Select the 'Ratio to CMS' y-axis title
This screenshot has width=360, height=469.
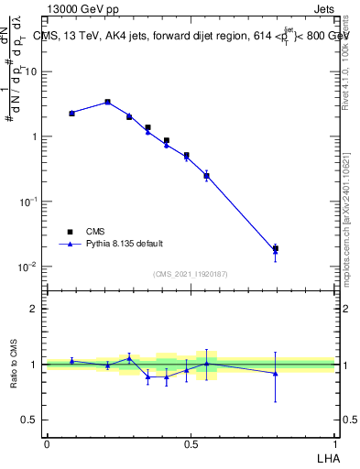click(x=15, y=365)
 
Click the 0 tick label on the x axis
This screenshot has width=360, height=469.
click(x=47, y=443)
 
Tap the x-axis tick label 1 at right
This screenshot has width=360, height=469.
click(x=334, y=443)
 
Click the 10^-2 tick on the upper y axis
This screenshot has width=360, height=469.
click(x=30, y=267)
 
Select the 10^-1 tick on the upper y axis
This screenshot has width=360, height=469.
click(x=30, y=202)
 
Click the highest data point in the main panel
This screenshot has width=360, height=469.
click(x=107, y=102)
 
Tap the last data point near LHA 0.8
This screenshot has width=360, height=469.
click(x=275, y=248)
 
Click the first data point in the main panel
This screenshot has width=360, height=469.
click(x=71, y=113)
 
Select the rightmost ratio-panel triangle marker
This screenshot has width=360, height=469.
click(x=275, y=373)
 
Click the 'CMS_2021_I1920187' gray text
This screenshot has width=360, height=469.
click(x=191, y=274)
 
